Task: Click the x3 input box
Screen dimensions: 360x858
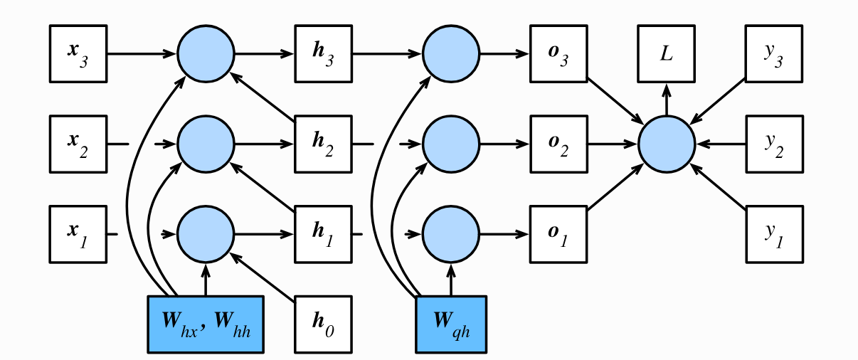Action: click(x=78, y=54)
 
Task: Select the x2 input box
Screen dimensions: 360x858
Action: click(x=78, y=144)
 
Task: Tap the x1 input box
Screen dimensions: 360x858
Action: click(x=78, y=234)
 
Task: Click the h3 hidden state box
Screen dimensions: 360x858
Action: click(x=324, y=54)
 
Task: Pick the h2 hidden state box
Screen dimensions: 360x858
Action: click(x=324, y=144)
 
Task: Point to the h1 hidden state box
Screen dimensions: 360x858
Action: click(x=324, y=234)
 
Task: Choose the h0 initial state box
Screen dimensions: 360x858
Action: click(x=324, y=324)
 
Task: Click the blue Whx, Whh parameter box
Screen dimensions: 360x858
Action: click(x=206, y=324)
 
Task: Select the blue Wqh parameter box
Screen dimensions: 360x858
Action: click(x=451, y=324)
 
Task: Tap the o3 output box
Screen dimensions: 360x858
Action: click(x=558, y=54)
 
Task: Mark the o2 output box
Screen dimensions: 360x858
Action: click(x=558, y=144)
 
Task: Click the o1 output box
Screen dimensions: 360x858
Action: click(x=558, y=234)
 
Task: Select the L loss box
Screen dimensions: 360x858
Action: click(x=667, y=54)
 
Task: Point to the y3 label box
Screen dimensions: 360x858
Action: click(x=774, y=54)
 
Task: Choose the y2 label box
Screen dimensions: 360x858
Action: click(x=774, y=144)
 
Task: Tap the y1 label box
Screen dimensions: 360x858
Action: click(x=774, y=234)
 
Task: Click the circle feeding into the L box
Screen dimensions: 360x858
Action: click(x=667, y=144)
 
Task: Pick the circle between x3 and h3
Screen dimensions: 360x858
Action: click(x=206, y=54)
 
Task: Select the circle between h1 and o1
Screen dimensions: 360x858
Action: click(x=451, y=234)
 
